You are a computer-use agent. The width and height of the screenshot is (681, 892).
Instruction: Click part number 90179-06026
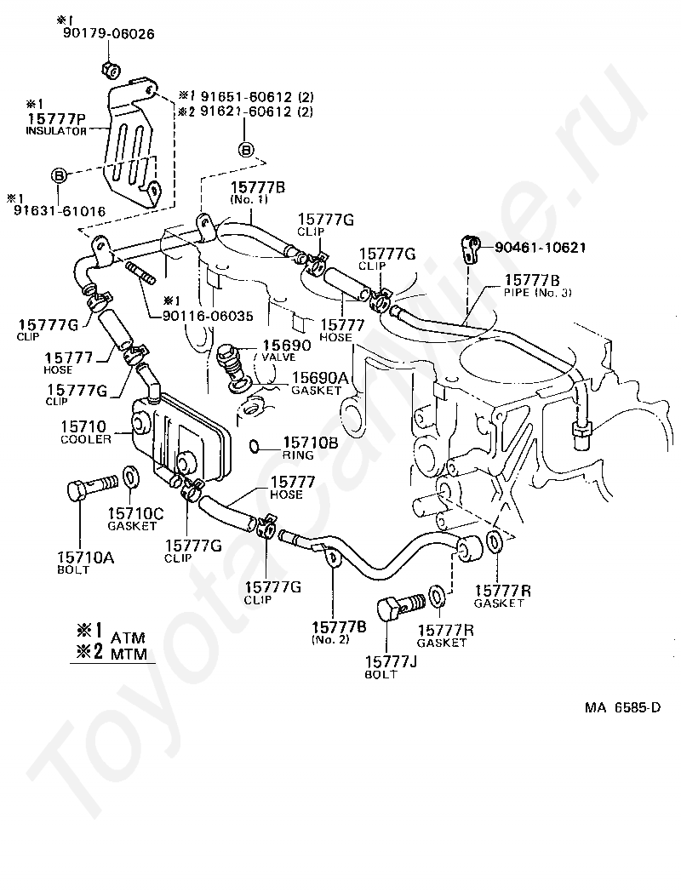pos(108,33)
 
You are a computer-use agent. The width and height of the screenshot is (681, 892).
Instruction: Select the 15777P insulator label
pos(56,123)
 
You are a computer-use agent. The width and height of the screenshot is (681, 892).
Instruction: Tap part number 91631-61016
pos(60,211)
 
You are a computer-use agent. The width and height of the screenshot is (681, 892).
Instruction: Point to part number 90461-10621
pos(540,248)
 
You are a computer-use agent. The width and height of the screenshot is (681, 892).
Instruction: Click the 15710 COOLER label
pos(85,432)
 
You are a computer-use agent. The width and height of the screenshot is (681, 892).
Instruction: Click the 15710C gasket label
pos(135,519)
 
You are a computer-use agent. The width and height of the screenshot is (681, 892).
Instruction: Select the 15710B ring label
pos(310,449)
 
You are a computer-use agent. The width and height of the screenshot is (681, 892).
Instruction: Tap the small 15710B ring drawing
pos(257,447)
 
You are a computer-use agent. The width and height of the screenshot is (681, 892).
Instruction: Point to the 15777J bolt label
pos(391,666)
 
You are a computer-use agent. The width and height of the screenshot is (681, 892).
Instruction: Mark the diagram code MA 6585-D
pos(623,708)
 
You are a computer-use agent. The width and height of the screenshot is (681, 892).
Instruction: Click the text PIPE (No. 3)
pos(538,293)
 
